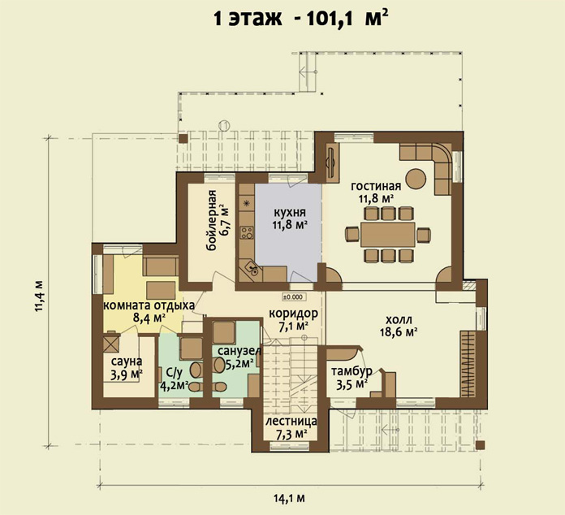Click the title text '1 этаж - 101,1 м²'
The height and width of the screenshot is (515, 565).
point(301,18)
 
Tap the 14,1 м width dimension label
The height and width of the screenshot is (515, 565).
point(289,499)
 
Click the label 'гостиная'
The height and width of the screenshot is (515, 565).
point(376,186)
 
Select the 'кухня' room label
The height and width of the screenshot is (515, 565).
point(289,212)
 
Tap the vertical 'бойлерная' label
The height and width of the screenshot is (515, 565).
point(212,220)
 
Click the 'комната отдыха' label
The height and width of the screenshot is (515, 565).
point(149,305)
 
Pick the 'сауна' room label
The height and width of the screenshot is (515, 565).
point(127,361)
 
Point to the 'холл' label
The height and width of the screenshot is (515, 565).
point(399,320)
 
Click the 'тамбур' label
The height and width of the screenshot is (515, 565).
point(352,371)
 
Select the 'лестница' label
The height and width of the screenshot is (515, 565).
point(291,421)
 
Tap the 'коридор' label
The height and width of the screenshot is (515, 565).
point(293,314)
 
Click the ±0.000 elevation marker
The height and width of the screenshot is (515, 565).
point(295,297)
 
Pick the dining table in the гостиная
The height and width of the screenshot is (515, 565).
point(388,235)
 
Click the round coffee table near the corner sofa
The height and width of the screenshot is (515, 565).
point(416,179)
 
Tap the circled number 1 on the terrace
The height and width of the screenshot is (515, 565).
point(224,125)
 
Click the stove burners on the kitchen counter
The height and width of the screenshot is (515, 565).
point(247,232)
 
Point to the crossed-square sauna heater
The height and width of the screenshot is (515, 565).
point(111,344)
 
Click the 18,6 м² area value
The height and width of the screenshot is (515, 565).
point(399,331)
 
